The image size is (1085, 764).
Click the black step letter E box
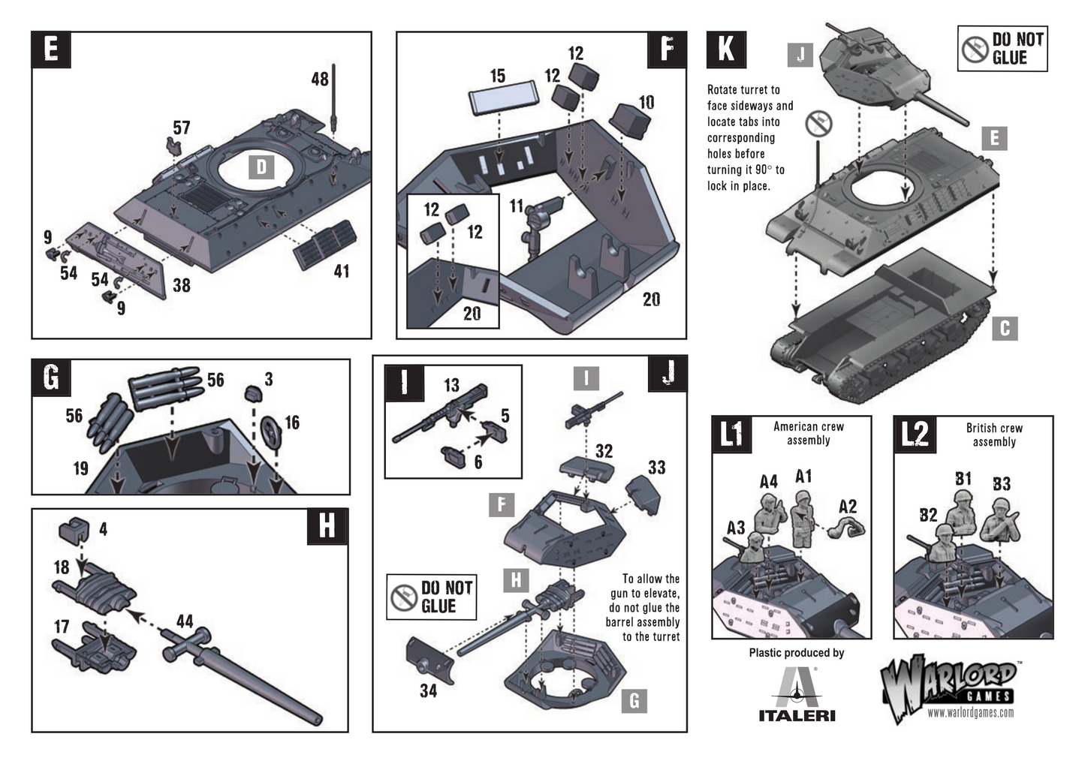tap(51, 50)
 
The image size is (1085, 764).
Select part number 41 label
tap(342, 271)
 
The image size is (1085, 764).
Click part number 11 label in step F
tap(517, 206)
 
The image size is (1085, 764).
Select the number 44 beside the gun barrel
tap(185, 621)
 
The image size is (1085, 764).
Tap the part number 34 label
tap(429, 691)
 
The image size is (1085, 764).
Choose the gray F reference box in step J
tap(502, 504)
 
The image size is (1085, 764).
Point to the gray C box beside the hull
tap(1005, 329)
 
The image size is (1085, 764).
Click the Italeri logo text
tap(797, 715)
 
